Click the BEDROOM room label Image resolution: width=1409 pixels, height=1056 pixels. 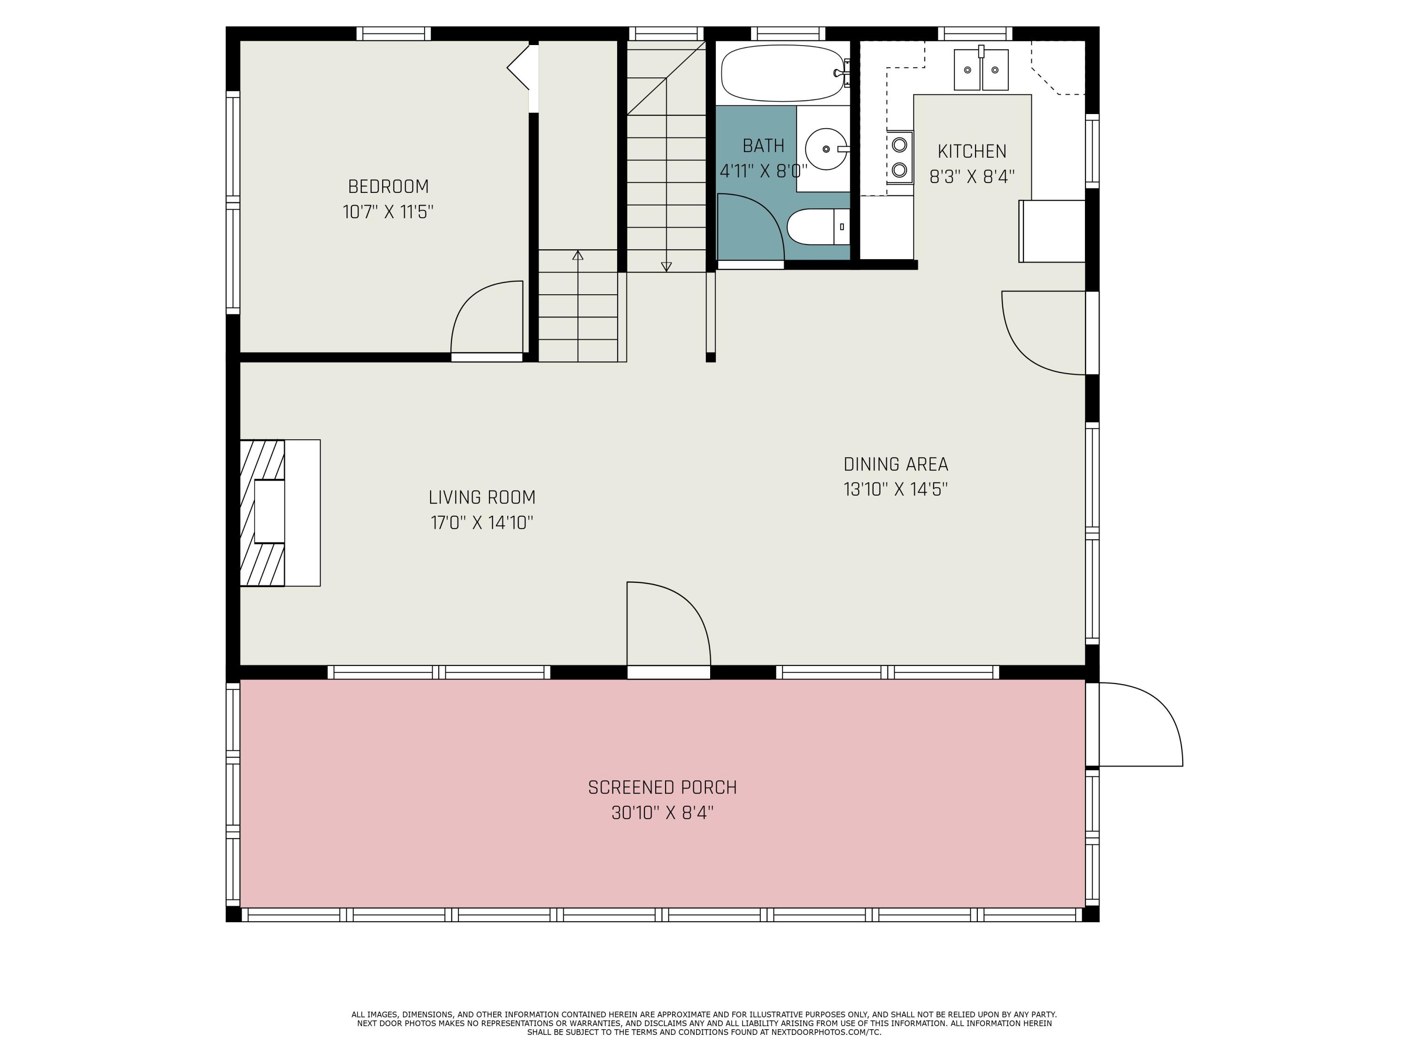388,186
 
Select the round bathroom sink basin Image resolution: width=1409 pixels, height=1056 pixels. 826,149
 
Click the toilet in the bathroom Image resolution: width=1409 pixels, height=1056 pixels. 817,227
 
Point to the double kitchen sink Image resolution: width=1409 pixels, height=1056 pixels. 981,70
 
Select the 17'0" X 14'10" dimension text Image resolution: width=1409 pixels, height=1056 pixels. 481,522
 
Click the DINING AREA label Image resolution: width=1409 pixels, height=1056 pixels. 896,464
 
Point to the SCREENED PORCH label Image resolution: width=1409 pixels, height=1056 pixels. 662,788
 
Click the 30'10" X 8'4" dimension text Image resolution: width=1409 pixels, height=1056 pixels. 662,813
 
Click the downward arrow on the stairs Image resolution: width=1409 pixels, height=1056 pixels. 666,267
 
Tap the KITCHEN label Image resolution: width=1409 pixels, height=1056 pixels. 972,152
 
